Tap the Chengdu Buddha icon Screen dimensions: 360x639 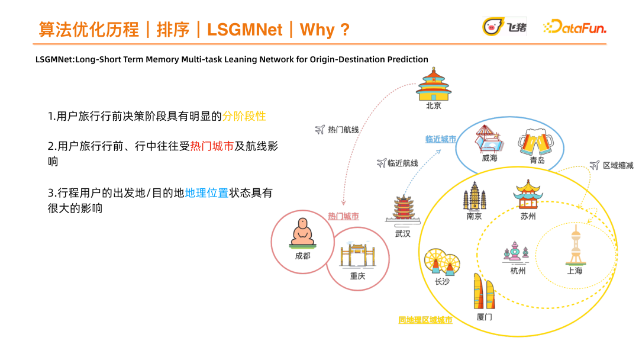coord(302,233)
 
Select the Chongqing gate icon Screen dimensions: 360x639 coord(357,255)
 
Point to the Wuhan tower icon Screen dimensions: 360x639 coord(402,209)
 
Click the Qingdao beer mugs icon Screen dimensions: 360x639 coord(536,140)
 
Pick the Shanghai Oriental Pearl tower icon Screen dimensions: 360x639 coord(575,245)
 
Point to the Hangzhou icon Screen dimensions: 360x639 coord(517,251)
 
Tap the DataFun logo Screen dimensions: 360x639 coord(575,27)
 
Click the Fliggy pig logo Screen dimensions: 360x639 coord(505,26)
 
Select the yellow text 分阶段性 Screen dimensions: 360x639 coord(244,116)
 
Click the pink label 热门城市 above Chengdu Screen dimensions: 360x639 coord(343,216)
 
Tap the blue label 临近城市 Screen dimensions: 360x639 coord(441,139)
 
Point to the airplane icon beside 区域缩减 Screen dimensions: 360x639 coord(595,165)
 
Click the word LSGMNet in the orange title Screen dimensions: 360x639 coord(245,30)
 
